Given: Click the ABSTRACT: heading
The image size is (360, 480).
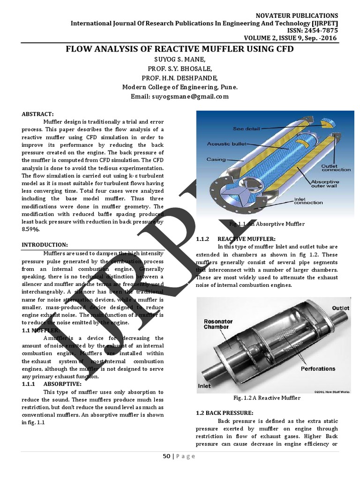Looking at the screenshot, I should pos(38,114).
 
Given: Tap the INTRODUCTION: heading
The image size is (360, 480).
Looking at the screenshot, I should pos(45,245).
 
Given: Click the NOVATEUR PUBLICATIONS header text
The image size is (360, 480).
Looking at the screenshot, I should pos(297,15).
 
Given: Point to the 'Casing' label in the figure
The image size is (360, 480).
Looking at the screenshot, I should pos(216,159).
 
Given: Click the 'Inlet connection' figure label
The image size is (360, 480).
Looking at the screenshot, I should pos(308,200).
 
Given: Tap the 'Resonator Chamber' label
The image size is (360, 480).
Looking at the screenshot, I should pos(218,324).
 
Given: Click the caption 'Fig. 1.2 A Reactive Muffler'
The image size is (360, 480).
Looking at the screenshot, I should pos(266,398).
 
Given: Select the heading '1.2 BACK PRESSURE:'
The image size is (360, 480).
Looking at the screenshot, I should pos(224,413).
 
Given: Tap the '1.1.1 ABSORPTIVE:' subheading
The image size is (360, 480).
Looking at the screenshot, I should pos(52,384).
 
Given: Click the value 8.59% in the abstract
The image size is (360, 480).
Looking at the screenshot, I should pos(31,229).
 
